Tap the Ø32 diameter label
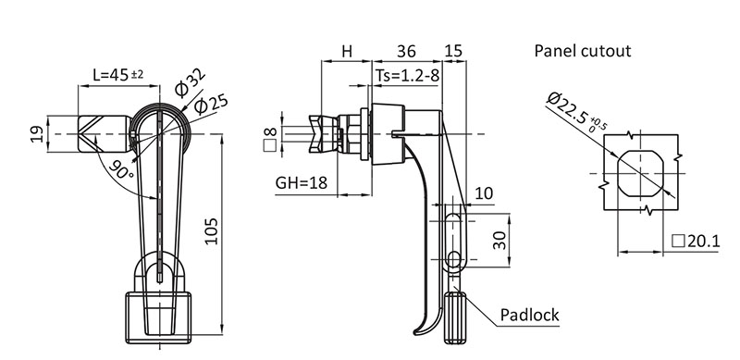(x=190, y=83)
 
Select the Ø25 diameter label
(x=211, y=104)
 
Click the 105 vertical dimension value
(x=213, y=231)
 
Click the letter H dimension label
(x=347, y=51)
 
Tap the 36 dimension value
(x=406, y=51)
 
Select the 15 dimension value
(x=453, y=51)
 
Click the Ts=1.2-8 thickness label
(x=408, y=76)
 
